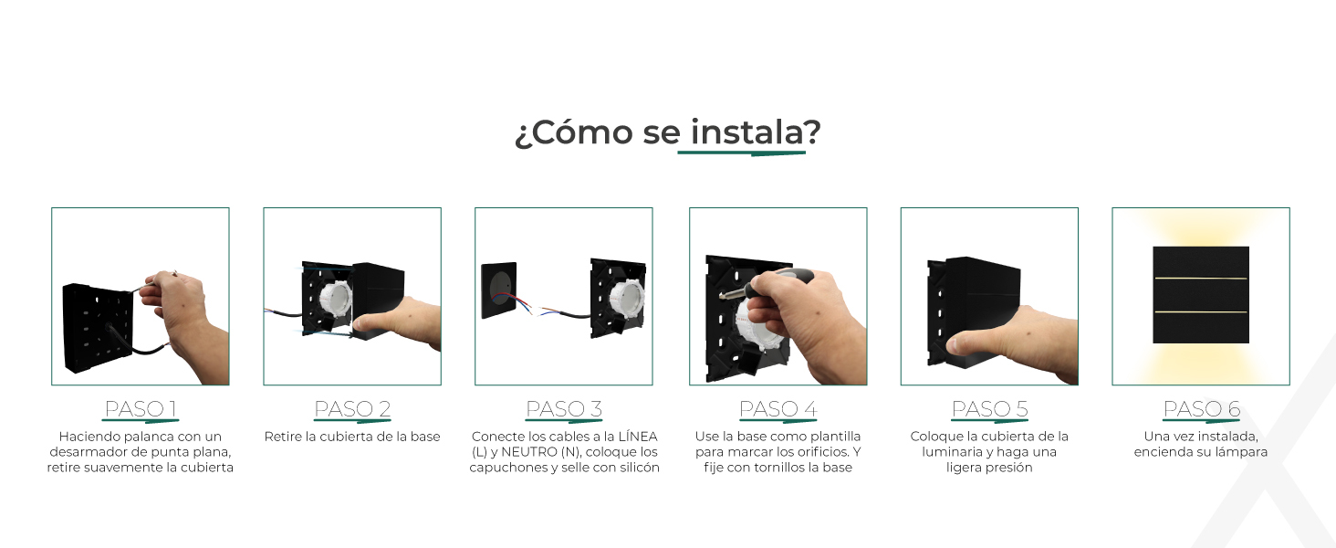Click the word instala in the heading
pos(746,132)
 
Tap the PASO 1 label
pos(141,409)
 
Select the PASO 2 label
pos(352,409)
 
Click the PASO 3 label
pos(564,409)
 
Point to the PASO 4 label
pos(778,409)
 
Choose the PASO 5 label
pos(989,409)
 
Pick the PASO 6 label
pos(1201,409)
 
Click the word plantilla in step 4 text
pos(834,437)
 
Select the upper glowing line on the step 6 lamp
pos(1201,279)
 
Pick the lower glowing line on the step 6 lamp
pos(1201,311)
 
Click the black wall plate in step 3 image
pos(499,290)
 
